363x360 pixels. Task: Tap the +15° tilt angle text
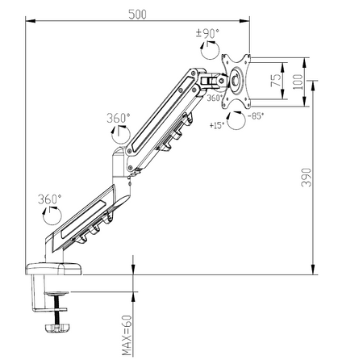tap(216, 126)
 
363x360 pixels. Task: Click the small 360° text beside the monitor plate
tap(215, 98)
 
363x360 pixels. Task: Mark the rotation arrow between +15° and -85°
tap(235, 121)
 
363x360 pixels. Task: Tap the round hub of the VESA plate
tap(240, 81)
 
